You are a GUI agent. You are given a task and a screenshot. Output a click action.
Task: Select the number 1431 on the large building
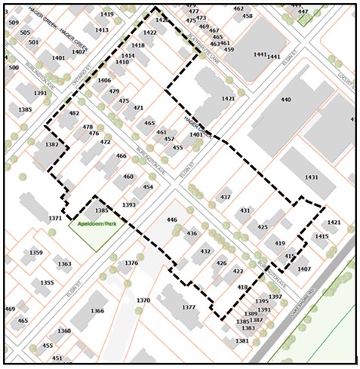click(311, 177)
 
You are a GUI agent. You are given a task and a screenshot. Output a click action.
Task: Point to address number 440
click(285, 100)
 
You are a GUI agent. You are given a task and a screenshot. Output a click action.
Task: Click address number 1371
click(55, 218)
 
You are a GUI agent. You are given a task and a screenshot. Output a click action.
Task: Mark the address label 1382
click(51, 144)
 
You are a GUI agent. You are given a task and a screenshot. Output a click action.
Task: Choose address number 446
click(171, 220)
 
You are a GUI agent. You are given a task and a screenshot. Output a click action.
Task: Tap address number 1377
click(188, 307)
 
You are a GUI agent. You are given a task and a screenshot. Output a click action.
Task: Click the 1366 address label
click(97, 311)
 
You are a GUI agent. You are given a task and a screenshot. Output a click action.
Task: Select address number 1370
click(143, 300)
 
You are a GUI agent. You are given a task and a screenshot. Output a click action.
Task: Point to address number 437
click(225, 197)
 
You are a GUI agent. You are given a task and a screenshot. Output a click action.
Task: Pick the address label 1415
click(322, 236)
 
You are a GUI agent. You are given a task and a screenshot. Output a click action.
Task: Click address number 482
click(73, 113)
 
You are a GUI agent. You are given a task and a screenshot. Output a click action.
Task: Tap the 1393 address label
click(129, 204)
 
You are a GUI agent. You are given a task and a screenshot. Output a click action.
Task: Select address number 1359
click(35, 252)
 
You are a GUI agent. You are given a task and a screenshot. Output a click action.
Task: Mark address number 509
click(13, 23)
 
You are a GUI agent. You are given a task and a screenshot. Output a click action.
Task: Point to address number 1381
click(242, 341)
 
